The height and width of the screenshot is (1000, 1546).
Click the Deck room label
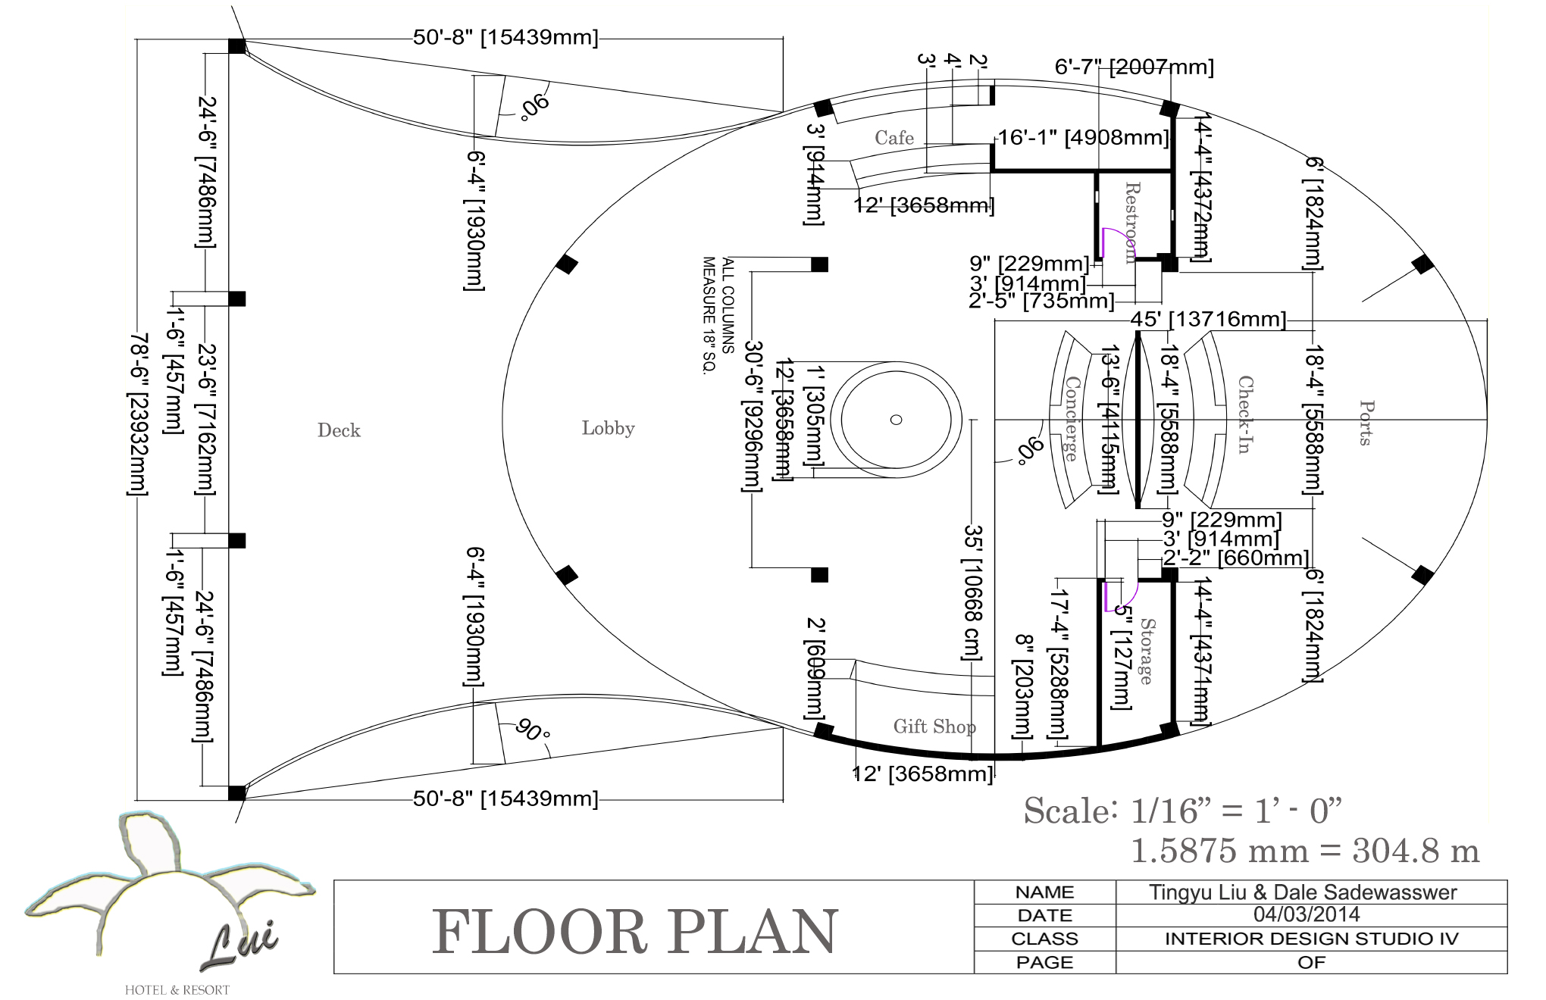click(339, 430)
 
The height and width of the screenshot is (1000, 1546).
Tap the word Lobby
click(608, 428)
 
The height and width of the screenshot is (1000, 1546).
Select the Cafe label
click(894, 138)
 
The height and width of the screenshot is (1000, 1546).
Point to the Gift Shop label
click(934, 727)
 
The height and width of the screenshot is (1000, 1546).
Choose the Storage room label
click(1147, 651)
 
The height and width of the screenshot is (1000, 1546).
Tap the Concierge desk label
click(1072, 418)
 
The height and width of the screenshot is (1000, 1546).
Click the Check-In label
click(1245, 414)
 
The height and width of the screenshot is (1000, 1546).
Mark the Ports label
click(1366, 423)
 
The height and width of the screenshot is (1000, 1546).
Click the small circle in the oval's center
click(896, 420)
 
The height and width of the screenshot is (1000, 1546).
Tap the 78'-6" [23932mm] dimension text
click(137, 414)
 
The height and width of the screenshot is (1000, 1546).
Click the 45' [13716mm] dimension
click(1208, 319)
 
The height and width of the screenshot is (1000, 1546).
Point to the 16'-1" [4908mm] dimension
click(1083, 138)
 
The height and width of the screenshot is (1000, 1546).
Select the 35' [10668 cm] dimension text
click(973, 592)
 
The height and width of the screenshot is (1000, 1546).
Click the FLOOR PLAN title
click(635, 932)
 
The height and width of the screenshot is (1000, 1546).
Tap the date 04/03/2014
click(1307, 914)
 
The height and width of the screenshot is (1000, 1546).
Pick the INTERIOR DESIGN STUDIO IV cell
click(1311, 939)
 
